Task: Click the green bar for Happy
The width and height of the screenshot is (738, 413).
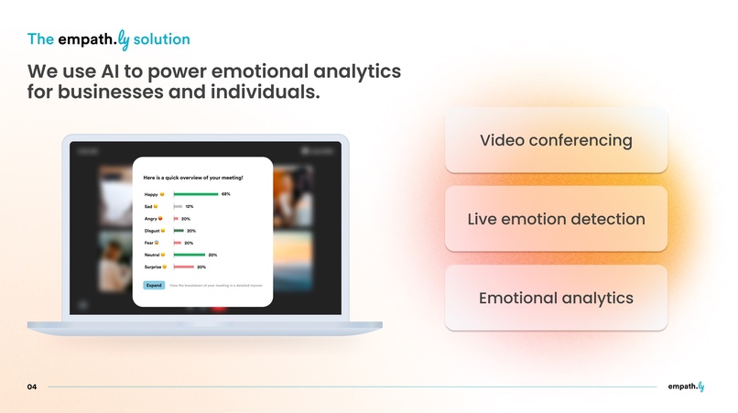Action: point(195,194)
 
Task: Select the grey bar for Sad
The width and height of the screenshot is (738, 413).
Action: point(178,207)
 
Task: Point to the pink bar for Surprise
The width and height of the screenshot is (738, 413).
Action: point(183,266)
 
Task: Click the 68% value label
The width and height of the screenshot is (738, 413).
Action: point(225,194)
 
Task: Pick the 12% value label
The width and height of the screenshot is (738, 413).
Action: point(190,207)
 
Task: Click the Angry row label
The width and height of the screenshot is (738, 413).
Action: point(151,219)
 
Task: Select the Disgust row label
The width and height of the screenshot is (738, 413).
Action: point(153,231)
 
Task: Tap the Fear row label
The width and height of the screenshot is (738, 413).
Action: point(149,243)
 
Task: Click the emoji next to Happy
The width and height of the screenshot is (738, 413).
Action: point(162,195)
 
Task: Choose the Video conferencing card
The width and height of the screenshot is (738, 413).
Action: point(556,140)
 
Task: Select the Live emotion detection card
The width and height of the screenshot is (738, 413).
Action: point(556,219)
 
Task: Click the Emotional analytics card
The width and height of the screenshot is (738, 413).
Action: point(556,299)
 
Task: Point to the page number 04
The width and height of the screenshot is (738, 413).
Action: point(32,387)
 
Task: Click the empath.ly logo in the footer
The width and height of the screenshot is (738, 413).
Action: point(686,386)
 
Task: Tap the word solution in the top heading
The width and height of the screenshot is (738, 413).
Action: point(161,39)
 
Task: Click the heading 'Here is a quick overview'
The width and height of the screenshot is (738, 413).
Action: point(193,177)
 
